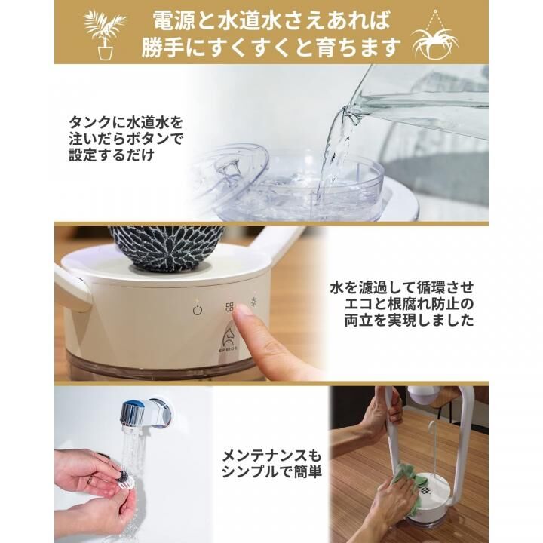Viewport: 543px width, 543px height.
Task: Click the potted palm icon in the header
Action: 104,35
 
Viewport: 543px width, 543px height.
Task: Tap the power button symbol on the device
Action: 198,310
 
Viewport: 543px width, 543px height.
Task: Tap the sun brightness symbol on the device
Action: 255,302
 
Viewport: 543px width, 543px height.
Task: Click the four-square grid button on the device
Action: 229,307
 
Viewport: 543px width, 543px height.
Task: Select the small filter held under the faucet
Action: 125,480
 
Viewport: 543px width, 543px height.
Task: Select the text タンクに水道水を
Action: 126,123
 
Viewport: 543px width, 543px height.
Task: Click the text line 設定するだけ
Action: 112,155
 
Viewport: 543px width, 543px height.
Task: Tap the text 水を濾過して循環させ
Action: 402,287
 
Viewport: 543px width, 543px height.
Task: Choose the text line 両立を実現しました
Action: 409,320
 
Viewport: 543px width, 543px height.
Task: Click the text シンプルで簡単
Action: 271,471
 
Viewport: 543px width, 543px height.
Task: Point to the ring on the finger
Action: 90,480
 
